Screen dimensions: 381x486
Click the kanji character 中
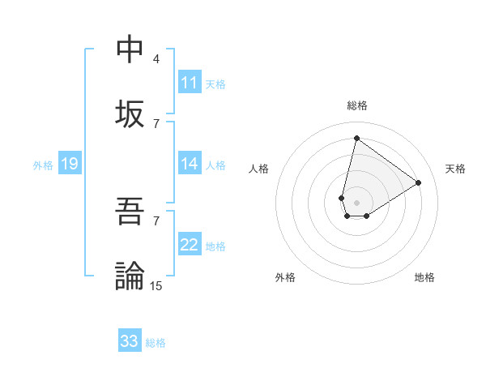click(x=130, y=49)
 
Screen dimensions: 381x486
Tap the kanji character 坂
click(x=130, y=113)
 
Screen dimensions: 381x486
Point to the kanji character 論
click(x=130, y=276)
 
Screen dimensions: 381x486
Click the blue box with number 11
click(x=190, y=83)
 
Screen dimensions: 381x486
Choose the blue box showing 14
click(x=190, y=164)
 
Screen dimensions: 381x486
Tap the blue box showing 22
click(x=190, y=245)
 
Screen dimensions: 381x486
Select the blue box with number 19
click(x=70, y=164)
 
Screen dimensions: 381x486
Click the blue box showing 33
click(x=130, y=341)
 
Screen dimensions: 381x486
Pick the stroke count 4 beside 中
click(x=156, y=59)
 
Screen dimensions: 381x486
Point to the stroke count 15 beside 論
click(x=156, y=285)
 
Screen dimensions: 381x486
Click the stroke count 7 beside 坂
click(x=156, y=123)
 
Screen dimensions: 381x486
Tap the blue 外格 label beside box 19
click(x=43, y=165)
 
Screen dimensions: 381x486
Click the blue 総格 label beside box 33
click(x=156, y=342)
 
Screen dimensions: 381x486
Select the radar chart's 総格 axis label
click(x=356, y=105)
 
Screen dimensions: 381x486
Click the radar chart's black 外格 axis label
click(x=285, y=277)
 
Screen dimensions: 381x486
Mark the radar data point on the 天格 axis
click(x=419, y=182)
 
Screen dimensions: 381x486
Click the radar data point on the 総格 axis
click(x=356, y=138)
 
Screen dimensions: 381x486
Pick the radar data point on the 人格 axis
click(x=342, y=198)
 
